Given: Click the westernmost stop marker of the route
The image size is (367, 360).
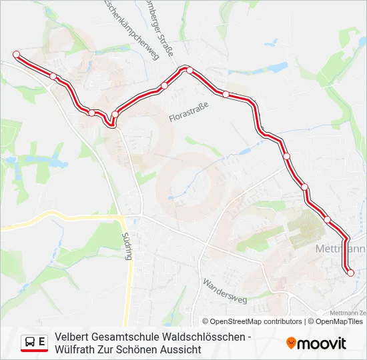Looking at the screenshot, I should click(x=17, y=55).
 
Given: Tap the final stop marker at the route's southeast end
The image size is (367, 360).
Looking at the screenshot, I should click(x=351, y=272).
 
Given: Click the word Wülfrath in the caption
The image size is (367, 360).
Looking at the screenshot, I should click(x=75, y=350).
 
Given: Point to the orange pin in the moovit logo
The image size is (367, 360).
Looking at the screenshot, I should click(x=291, y=343).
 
